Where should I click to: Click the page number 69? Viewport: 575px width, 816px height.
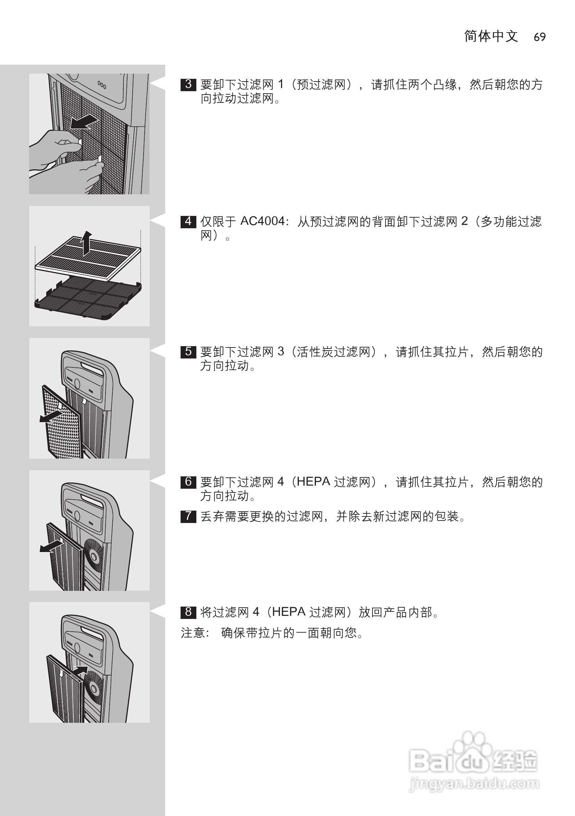539,37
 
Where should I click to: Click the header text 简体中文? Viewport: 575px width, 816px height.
491,36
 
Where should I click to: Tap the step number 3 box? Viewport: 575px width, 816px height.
188,85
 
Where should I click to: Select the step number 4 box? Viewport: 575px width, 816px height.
188,221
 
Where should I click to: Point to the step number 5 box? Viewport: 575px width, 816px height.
188,352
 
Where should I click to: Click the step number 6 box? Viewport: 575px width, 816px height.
188,482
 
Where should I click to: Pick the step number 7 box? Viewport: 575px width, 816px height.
188,516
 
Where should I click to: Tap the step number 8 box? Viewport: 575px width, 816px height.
188,612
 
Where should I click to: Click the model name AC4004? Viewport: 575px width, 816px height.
262,221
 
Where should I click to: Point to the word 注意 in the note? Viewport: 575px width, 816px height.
193,633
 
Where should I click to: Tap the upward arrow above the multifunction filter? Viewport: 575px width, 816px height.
86,243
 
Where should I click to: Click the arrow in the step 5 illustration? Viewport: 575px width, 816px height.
51,416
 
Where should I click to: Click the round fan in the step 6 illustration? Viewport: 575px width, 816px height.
94,556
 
